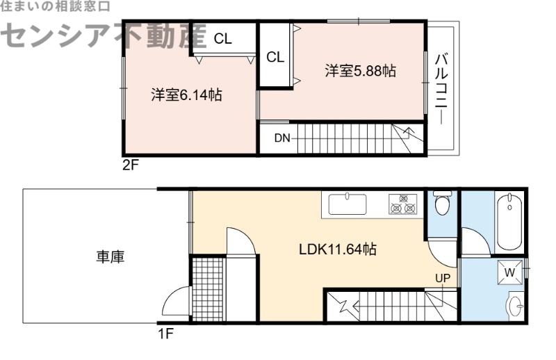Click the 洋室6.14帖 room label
tap(187, 95)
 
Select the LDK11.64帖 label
tap(338, 249)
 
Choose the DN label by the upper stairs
tap(281, 138)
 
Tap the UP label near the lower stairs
tap(443, 279)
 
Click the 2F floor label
tap(131, 165)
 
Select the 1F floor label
tap(165, 332)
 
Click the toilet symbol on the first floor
tap(441, 205)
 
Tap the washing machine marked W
tap(509, 272)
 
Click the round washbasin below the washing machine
tap(515, 306)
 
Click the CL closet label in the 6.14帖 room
tap(222, 39)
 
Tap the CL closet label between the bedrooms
tap(275, 58)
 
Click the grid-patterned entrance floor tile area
tap(208, 288)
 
